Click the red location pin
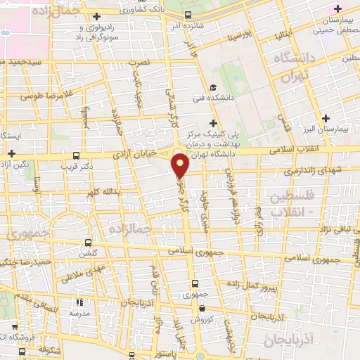click(x=181, y=165)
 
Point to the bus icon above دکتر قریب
click(x=76, y=156)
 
